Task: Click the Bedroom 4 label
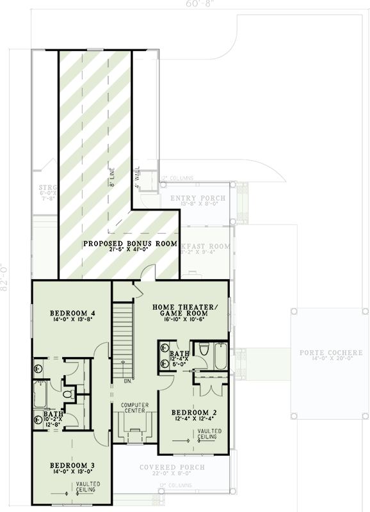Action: pos(71,313)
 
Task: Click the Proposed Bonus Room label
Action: pos(120,244)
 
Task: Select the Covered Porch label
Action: pos(172,467)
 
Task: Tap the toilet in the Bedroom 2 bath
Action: pos(204,349)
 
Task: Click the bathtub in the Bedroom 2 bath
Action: pos(220,356)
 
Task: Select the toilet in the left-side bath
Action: pos(68,394)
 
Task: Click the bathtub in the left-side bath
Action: pos(39,396)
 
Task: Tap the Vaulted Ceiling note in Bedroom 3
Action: pos(85,488)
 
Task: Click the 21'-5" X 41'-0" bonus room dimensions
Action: pos(120,252)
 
